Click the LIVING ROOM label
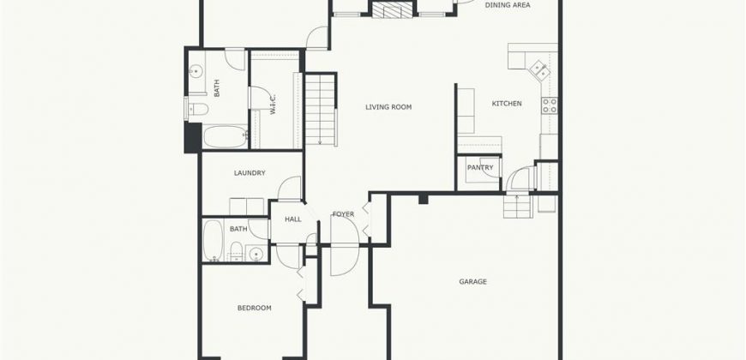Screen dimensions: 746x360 click(x=388, y=107)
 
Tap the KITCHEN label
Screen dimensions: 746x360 click(x=507, y=103)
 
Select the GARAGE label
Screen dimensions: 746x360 click(x=473, y=281)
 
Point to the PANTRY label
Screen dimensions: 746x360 click(x=480, y=167)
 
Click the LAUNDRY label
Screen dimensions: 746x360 click(x=250, y=173)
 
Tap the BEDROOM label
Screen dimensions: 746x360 click(x=255, y=308)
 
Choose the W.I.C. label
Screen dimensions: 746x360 click(x=274, y=105)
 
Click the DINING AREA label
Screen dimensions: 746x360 click(x=508, y=5)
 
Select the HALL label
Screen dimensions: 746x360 click(x=293, y=219)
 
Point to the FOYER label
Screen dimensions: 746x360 click(x=343, y=214)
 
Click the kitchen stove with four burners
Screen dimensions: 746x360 click(x=550, y=105)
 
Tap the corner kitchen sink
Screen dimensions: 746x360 click(x=540, y=70)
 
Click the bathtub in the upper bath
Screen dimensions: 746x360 click(x=226, y=136)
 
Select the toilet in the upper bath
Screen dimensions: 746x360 click(x=197, y=110)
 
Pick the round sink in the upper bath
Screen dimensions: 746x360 click(x=195, y=72)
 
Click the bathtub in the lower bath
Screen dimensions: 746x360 click(x=213, y=240)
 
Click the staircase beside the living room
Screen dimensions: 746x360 click(x=321, y=110)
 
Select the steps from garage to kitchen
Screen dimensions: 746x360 click(x=518, y=206)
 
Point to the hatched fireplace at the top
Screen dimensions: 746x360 click(x=392, y=9)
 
